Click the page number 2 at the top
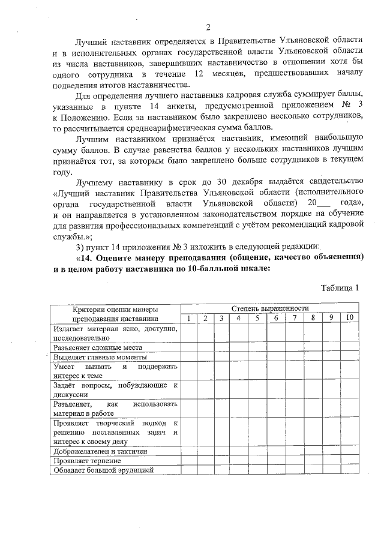point(208,28)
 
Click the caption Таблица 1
point(340,287)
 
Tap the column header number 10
point(349,317)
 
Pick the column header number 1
point(188,317)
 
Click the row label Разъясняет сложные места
point(97,347)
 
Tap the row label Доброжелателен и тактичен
point(100,451)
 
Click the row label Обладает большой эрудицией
point(103,470)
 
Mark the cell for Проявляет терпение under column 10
point(349,460)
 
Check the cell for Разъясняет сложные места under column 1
point(188,347)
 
